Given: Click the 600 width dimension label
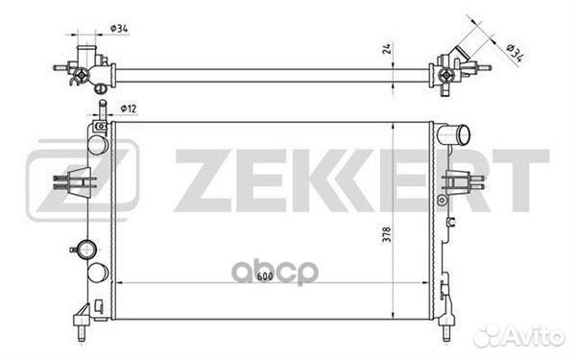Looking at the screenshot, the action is (264, 276).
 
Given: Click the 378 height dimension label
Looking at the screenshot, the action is (387, 234).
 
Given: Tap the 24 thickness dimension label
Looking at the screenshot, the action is (387, 49).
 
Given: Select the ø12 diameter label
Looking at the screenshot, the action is (129, 108).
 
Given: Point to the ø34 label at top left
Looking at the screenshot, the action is (119, 28).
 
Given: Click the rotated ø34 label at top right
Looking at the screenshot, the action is (515, 53).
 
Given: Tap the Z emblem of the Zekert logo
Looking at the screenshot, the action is (83, 180).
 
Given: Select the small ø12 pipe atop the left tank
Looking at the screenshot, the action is (103, 109).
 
